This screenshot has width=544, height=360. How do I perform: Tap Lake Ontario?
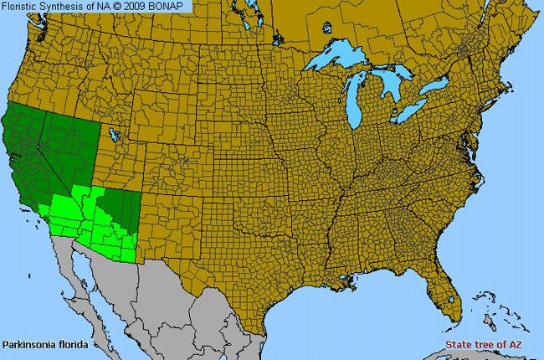pos(436,86)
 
